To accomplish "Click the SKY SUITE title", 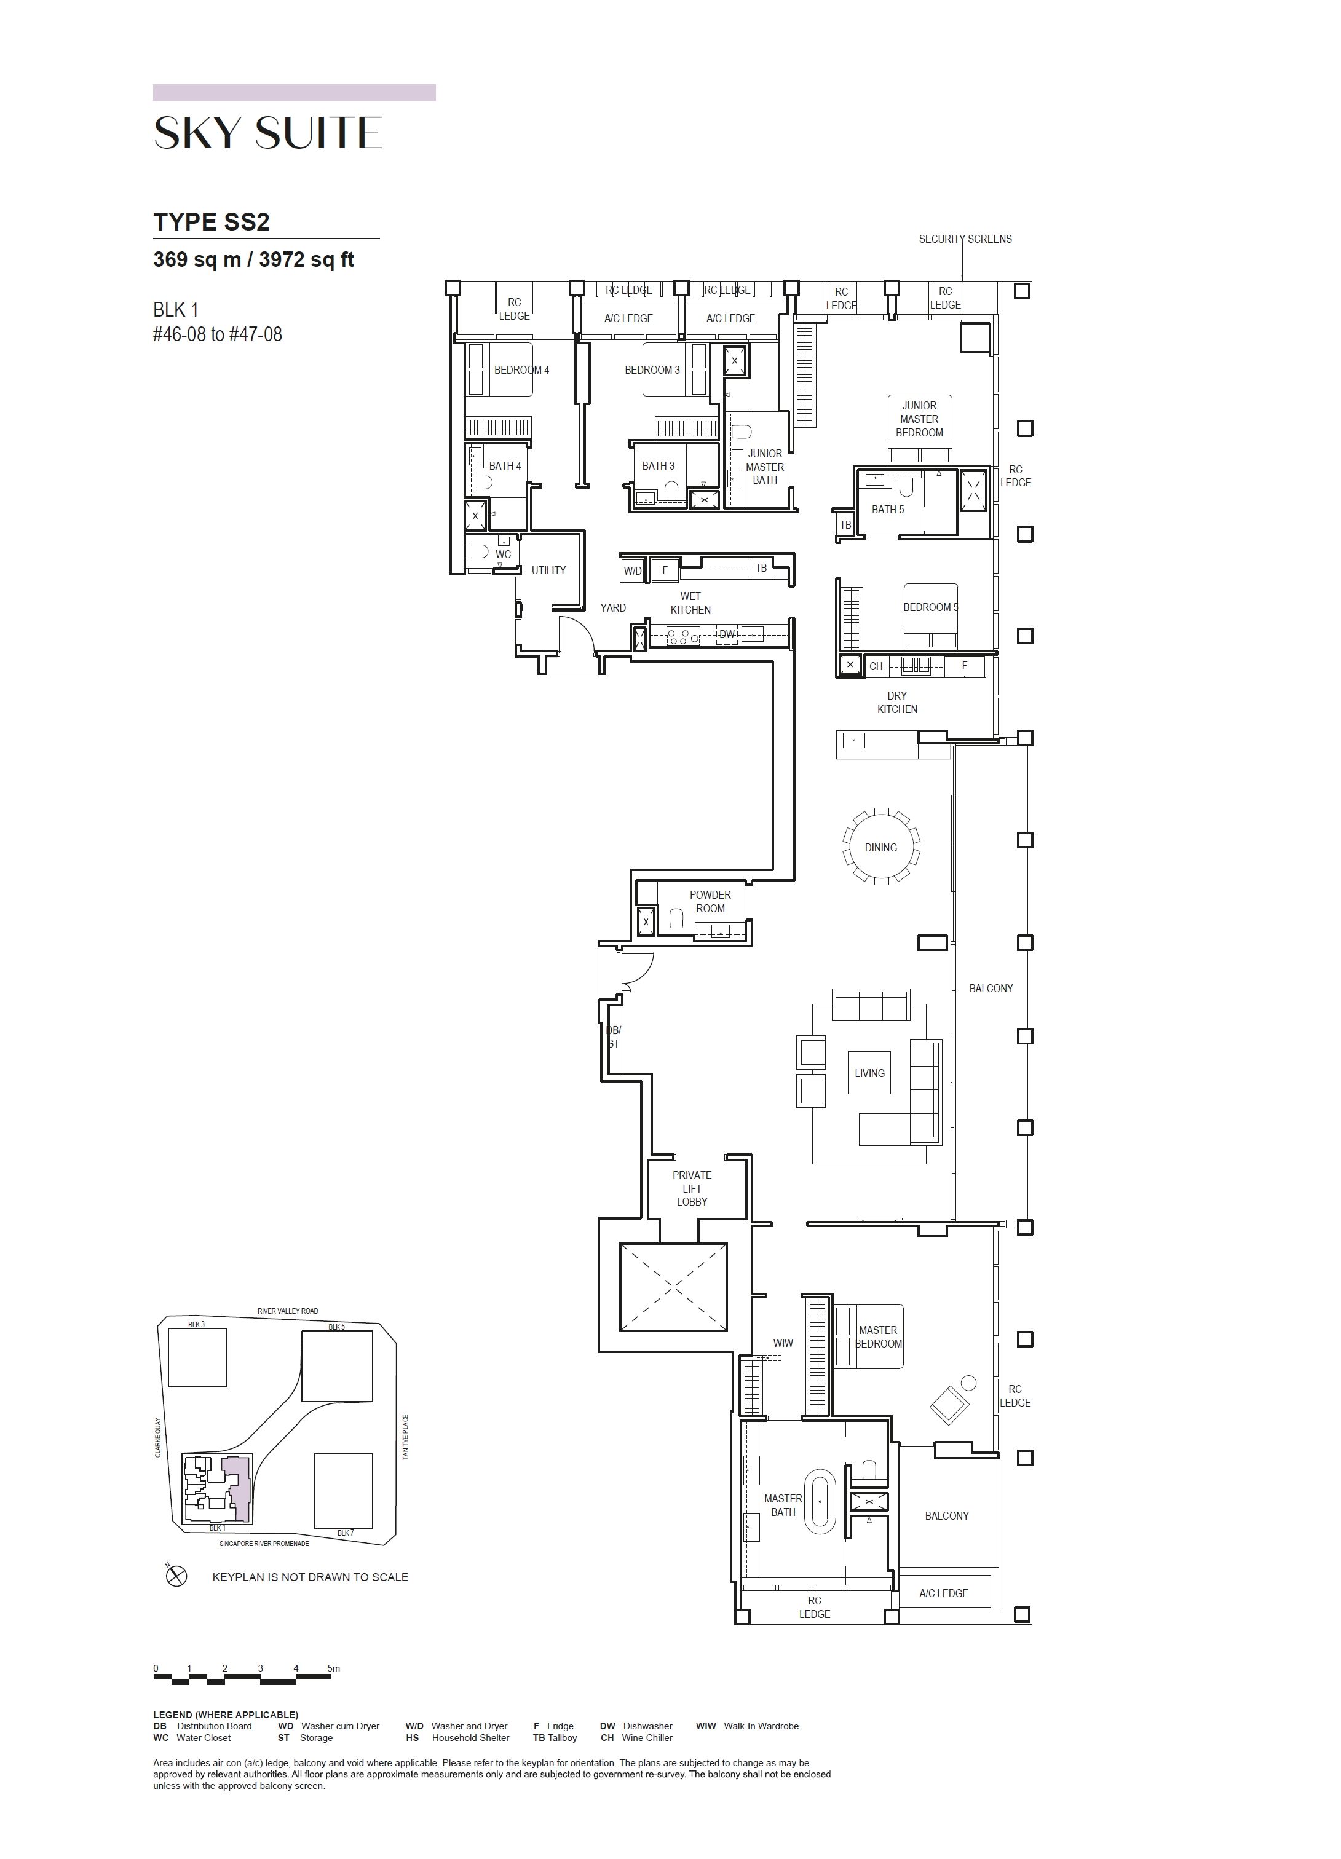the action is [x=268, y=133].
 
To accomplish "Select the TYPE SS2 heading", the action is [x=212, y=222].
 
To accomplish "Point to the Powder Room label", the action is [x=710, y=902].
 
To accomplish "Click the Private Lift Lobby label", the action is [x=692, y=1188].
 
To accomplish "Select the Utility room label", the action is [x=548, y=570].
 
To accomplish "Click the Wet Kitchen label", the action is [x=690, y=603].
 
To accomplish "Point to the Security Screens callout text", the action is [x=965, y=239].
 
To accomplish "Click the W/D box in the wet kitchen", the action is [x=633, y=570].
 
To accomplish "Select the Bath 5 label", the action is [x=888, y=510].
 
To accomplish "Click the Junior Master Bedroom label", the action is [x=919, y=419].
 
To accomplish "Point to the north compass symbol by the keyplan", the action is [x=176, y=1576].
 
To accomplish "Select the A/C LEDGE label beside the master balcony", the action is [x=943, y=1593].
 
